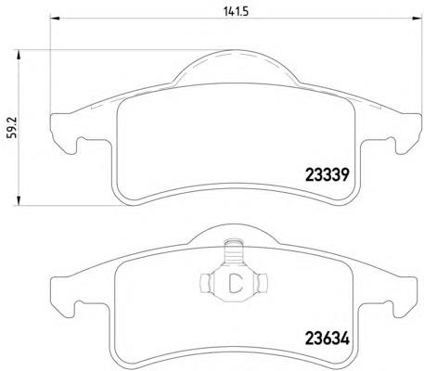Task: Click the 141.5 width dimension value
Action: [x=236, y=11]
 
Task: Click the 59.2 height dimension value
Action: [x=11, y=127]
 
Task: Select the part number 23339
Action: [x=328, y=175]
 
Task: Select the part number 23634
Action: [x=328, y=339]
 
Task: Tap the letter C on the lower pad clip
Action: [x=236, y=284]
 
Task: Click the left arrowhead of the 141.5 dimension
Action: [x=55, y=18]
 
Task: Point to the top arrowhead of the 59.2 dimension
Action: [x=19, y=56]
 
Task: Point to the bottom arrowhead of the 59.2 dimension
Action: [x=19, y=200]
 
